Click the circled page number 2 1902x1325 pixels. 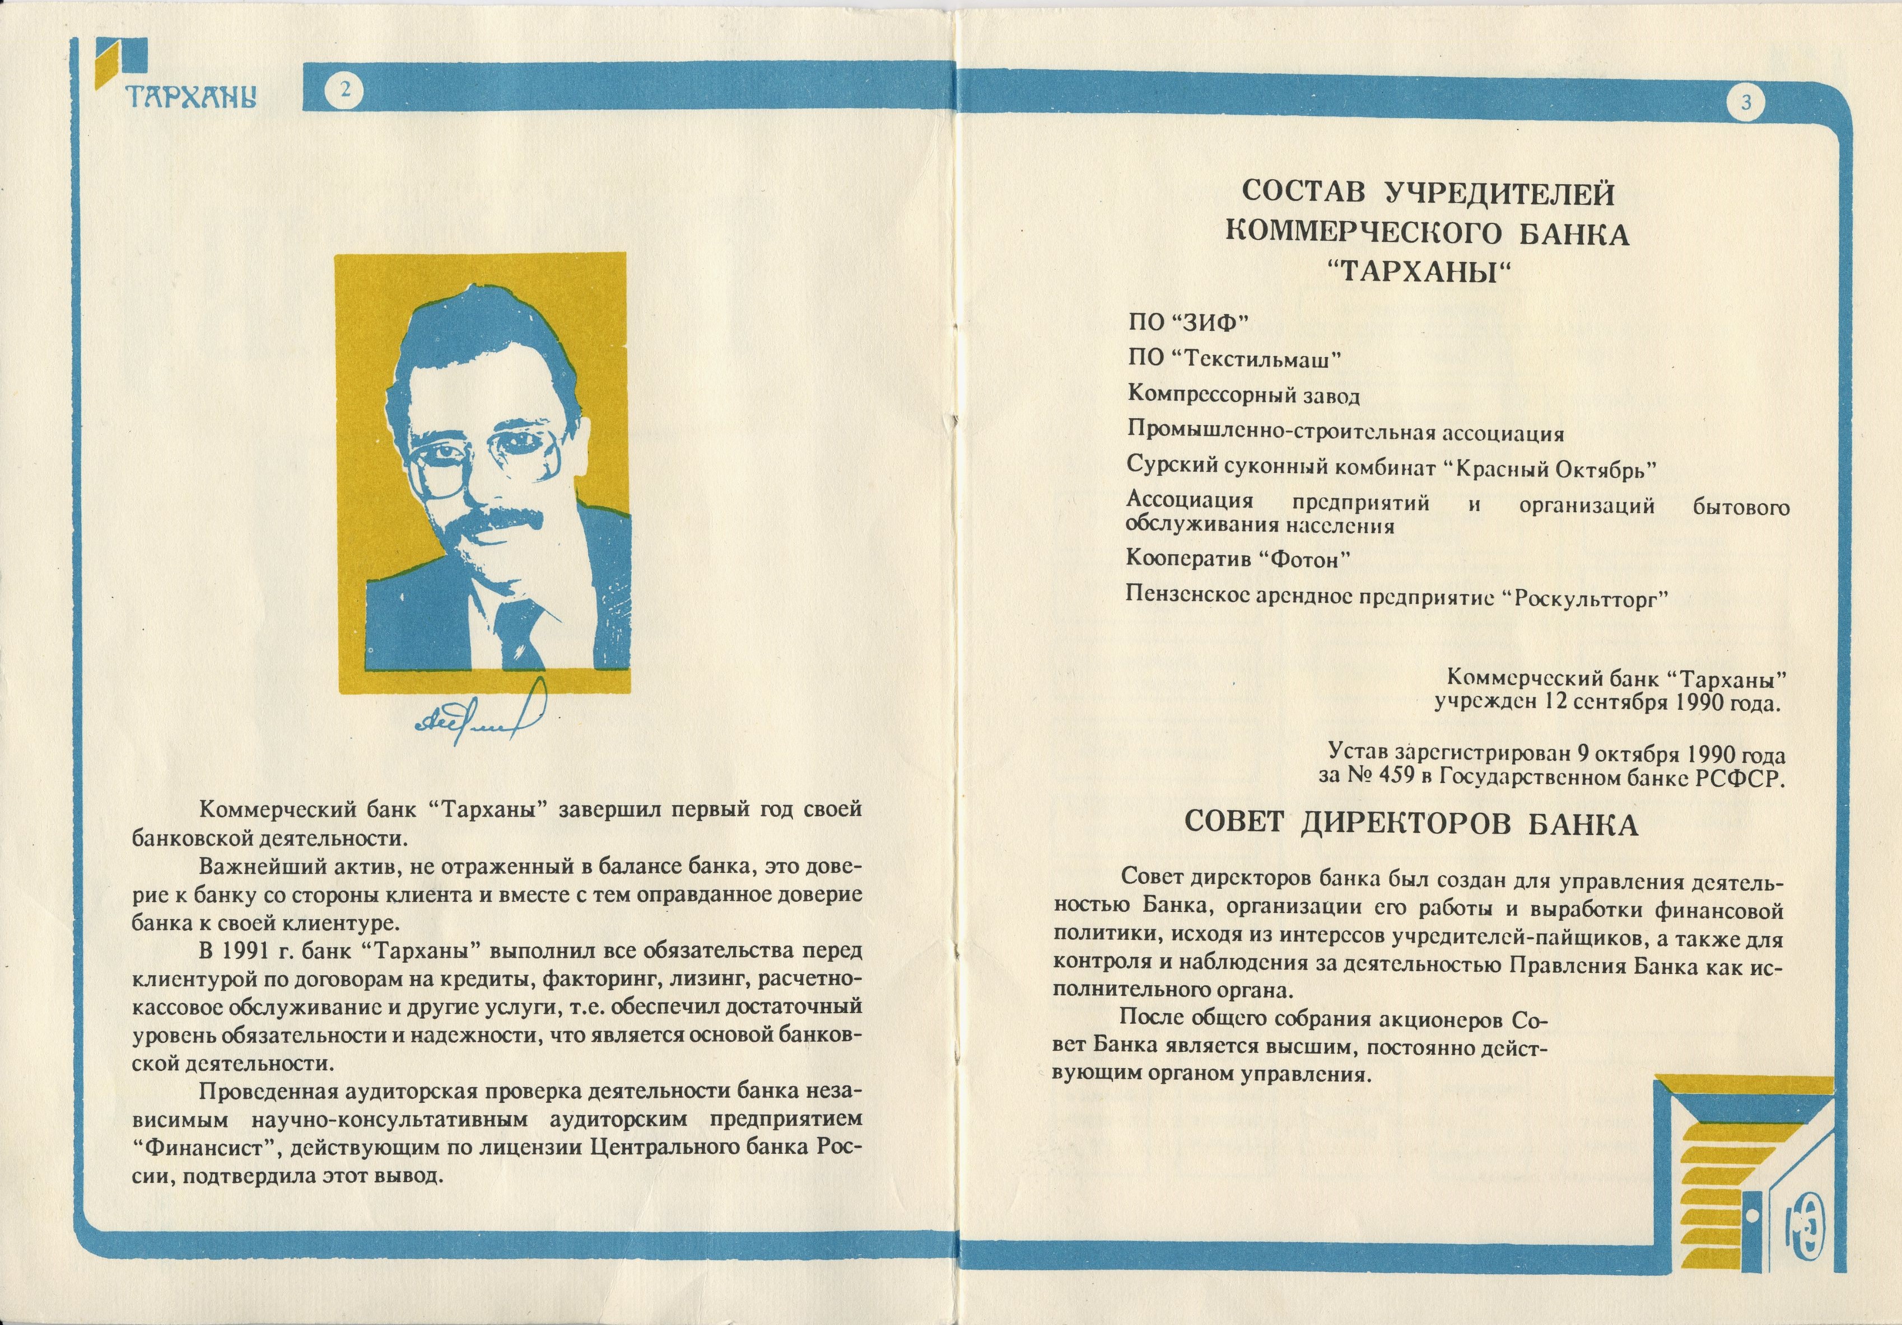344,88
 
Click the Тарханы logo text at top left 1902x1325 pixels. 190,96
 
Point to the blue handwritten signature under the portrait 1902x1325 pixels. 481,717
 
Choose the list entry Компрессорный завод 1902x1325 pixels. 1243,395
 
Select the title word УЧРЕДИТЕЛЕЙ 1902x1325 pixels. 1499,194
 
